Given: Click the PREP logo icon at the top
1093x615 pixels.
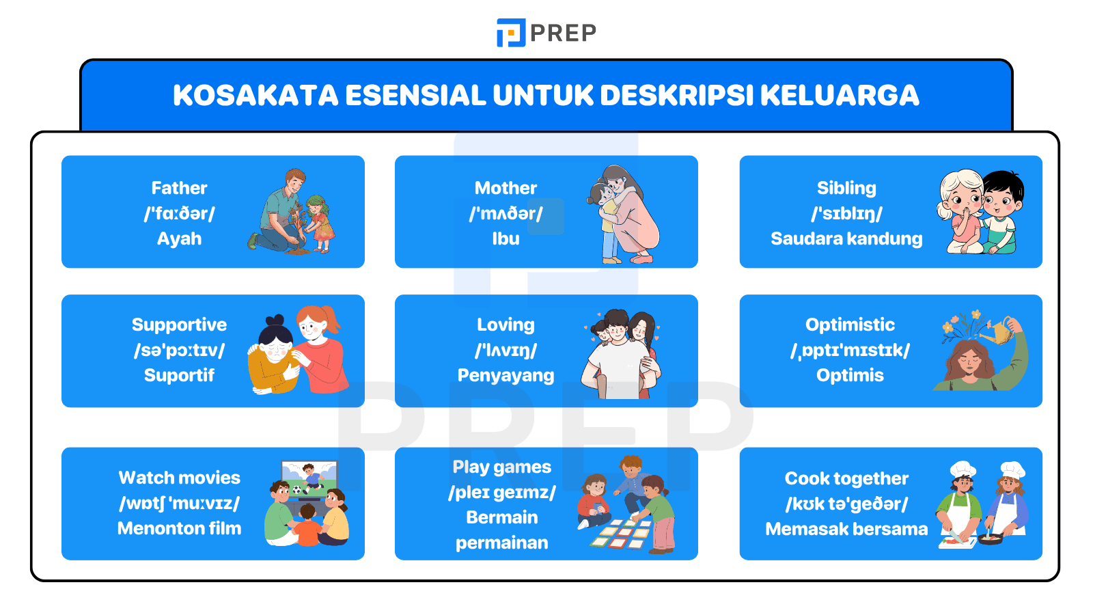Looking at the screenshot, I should pos(510,33).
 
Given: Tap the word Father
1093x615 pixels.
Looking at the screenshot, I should pos(179,188).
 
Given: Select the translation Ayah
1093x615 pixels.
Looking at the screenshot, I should pos(179,238).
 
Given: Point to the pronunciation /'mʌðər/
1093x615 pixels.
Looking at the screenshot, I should pos(506,213).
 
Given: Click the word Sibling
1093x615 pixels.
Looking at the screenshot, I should pos(846,188).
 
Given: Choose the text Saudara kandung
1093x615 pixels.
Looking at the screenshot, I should pos(846,238).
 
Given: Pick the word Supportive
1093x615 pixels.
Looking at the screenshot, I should pos(179,325).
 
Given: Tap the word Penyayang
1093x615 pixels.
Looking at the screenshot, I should pos(506,375).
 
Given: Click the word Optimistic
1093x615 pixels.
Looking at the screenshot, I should pos(850,325).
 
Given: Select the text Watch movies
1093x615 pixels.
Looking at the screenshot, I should pos(179,478).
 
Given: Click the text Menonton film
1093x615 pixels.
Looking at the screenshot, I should pos(179,528).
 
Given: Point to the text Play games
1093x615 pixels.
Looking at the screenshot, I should pos(501,467).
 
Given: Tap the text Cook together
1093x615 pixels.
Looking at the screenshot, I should pos(846,478).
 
